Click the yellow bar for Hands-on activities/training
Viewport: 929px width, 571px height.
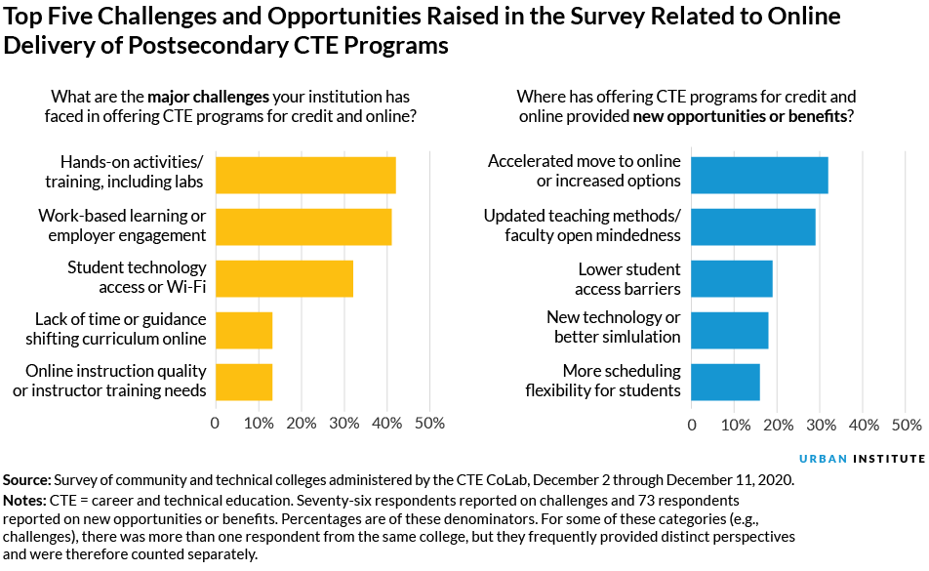tap(305, 175)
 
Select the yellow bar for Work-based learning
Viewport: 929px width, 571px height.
tap(303, 226)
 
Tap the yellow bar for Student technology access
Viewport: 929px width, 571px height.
tap(284, 278)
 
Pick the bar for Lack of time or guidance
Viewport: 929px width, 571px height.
tap(244, 330)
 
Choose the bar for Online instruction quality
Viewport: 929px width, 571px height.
tap(244, 382)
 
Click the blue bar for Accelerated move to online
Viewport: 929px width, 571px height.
tap(759, 175)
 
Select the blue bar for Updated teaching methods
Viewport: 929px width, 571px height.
tap(753, 226)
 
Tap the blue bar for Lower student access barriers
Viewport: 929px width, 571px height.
tap(732, 278)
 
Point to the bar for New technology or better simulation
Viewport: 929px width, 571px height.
tap(730, 330)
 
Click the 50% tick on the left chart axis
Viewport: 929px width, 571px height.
tap(429, 424)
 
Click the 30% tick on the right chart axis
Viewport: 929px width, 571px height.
tap(821, 424)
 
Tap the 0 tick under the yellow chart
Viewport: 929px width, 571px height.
tap(216, 424)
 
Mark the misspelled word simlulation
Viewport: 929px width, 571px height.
tap(638, 337)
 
